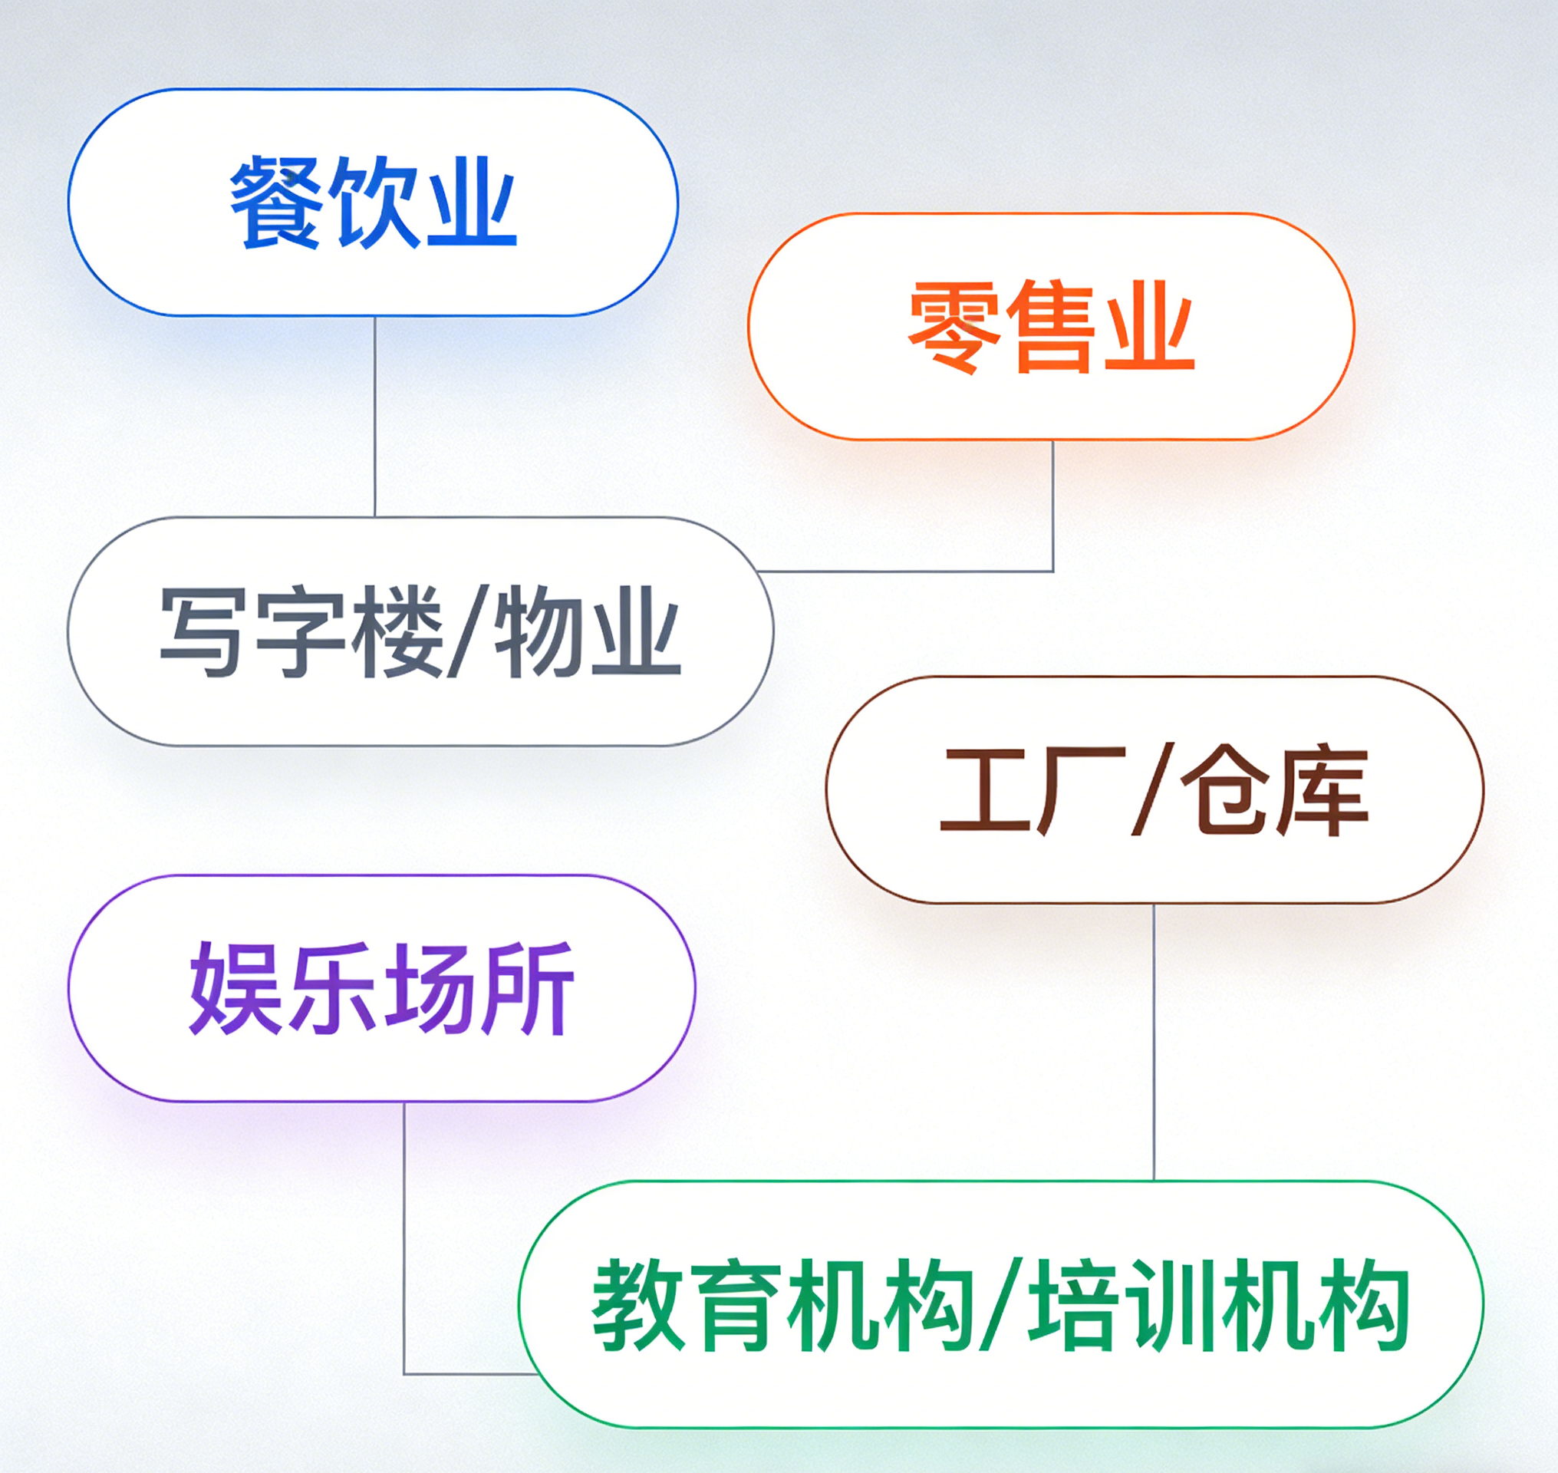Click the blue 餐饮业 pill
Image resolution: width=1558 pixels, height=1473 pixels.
373,203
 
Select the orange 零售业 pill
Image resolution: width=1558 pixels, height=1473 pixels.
1051,326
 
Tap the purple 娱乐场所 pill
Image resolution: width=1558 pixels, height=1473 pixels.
382,989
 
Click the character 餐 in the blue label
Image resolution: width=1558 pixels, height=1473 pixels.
275,203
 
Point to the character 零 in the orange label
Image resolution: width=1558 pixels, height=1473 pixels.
955,327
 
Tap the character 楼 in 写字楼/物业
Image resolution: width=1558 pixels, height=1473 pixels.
397,631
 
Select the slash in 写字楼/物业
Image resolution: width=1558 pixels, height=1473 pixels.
468,631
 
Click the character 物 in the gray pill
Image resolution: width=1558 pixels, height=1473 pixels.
540,631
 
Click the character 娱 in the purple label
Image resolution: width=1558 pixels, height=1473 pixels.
236,989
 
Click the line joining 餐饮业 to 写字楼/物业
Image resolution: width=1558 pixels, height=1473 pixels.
374,417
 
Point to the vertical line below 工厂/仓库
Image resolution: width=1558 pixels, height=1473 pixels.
1154,1042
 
